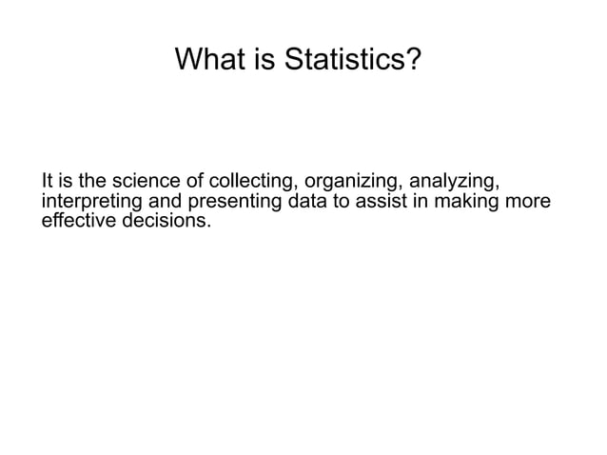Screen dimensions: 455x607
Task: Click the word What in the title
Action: [205, 61]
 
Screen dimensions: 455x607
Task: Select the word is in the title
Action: [259, 61]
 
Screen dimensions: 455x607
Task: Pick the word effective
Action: [77, 221]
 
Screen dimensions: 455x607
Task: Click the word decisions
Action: [166, 221]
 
